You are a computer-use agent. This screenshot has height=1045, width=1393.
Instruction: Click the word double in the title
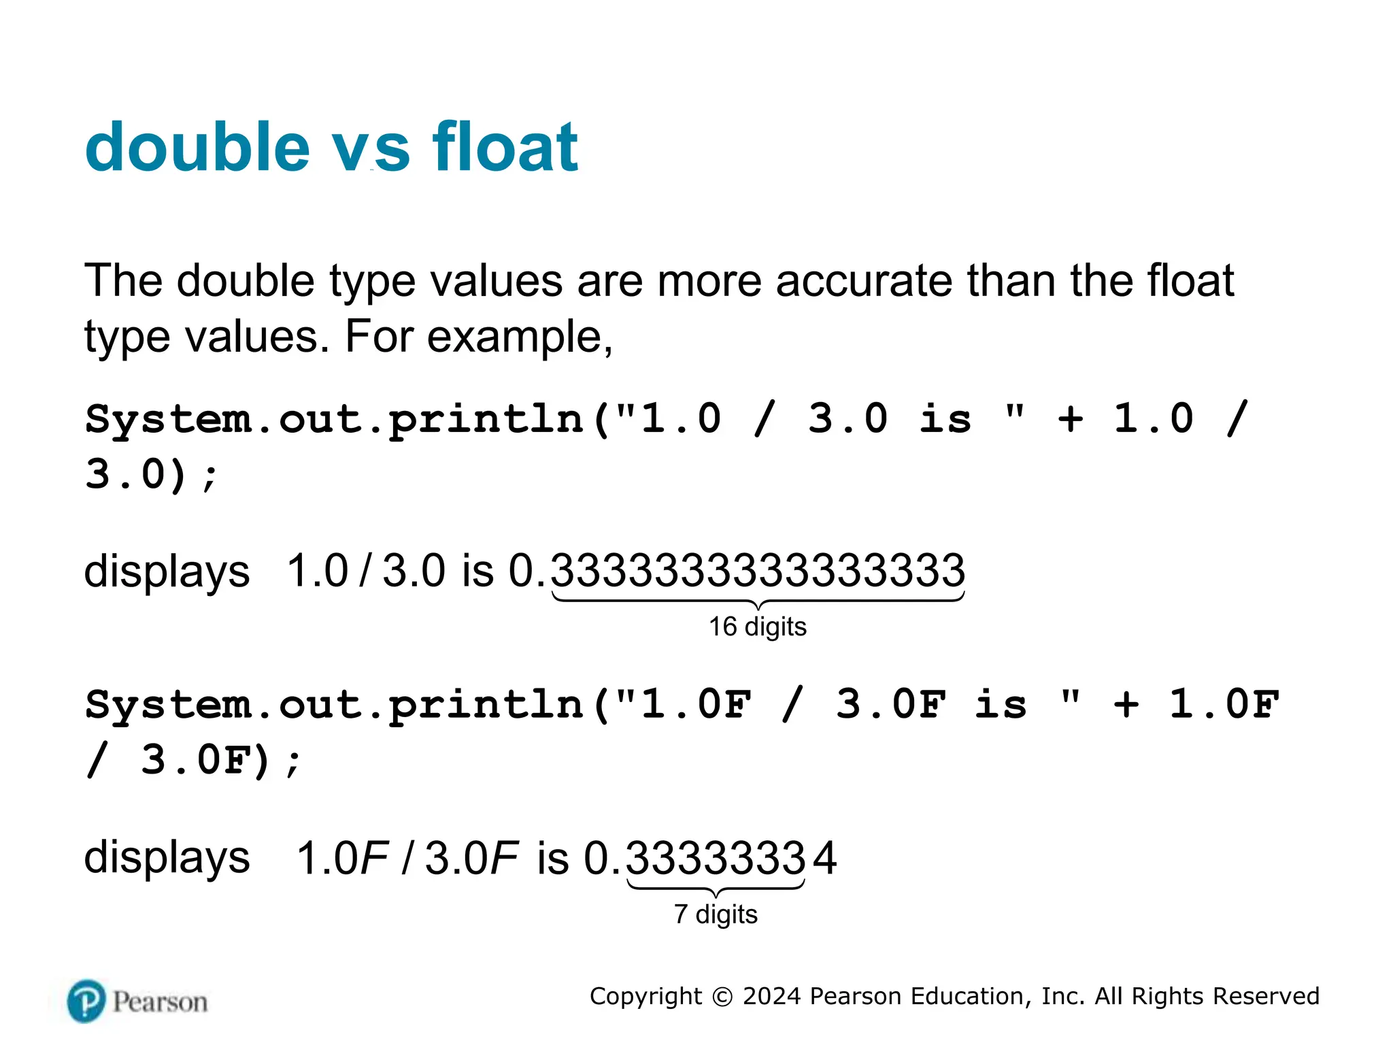point(197,147)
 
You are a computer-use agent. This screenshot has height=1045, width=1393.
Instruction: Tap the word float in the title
point(505,147)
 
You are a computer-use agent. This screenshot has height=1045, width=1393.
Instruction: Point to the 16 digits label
point(757,627)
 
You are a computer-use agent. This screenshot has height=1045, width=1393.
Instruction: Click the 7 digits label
point(716,914)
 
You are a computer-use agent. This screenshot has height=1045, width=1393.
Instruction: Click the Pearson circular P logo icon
point(87,1001)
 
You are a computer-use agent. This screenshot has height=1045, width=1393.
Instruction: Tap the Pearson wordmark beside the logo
point(161,1002)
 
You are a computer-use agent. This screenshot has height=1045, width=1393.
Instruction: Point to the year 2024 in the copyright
point(771,996)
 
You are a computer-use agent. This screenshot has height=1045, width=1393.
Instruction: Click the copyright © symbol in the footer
point(722,997)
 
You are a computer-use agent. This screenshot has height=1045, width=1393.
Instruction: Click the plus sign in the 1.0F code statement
point(1126,704)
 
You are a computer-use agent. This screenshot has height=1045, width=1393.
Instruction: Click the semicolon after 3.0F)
point(292,763)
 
